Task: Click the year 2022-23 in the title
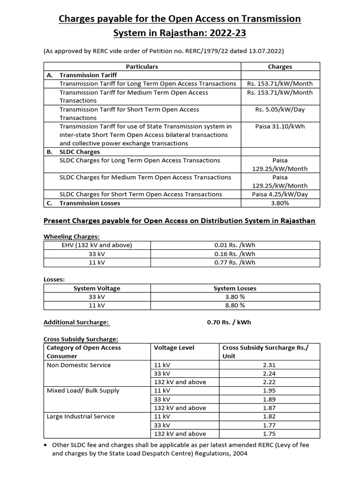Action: click(229, 33)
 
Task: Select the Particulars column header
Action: click(142, 67)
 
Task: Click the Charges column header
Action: click(280, 67)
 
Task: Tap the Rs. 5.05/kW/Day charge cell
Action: click(280, 109)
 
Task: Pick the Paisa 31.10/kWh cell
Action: click(280, 126)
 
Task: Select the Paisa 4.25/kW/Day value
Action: click(280, 194)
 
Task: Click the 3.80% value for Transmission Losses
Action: click(280, 203)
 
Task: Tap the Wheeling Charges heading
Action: click(71, 237)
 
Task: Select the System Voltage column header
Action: click(97, 288)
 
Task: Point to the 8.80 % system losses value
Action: click(235, 305)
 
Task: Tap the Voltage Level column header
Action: click(174, 348)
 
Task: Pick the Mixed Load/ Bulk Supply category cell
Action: click(83, 390)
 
